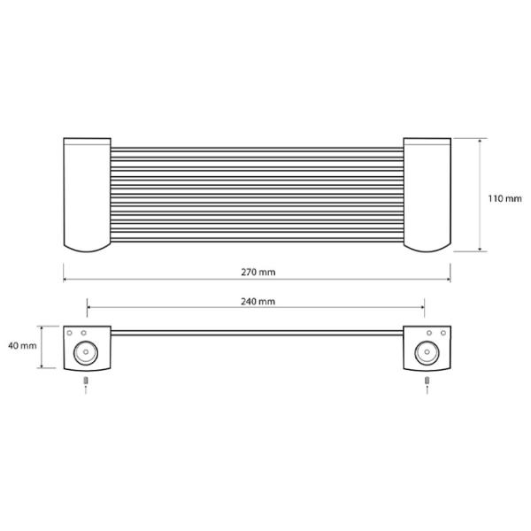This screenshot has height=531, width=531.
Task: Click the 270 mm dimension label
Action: [x=258, y=273]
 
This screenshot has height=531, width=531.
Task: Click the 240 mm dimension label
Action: [x=258, y=302]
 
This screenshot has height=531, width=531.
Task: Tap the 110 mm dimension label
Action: [x=505, y=198]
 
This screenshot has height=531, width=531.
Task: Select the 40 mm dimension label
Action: [x=22, y=346]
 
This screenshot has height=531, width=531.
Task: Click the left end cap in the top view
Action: [x=87, y=195]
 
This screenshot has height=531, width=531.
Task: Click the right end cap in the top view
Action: [x=427, y=195]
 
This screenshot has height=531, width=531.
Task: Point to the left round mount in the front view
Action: [x=86, y=352]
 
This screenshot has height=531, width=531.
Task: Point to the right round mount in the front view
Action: [x=427, y=352]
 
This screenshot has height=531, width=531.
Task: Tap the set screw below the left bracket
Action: [x=86, y=381]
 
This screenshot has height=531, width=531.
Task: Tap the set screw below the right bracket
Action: [x=427, y=381]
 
